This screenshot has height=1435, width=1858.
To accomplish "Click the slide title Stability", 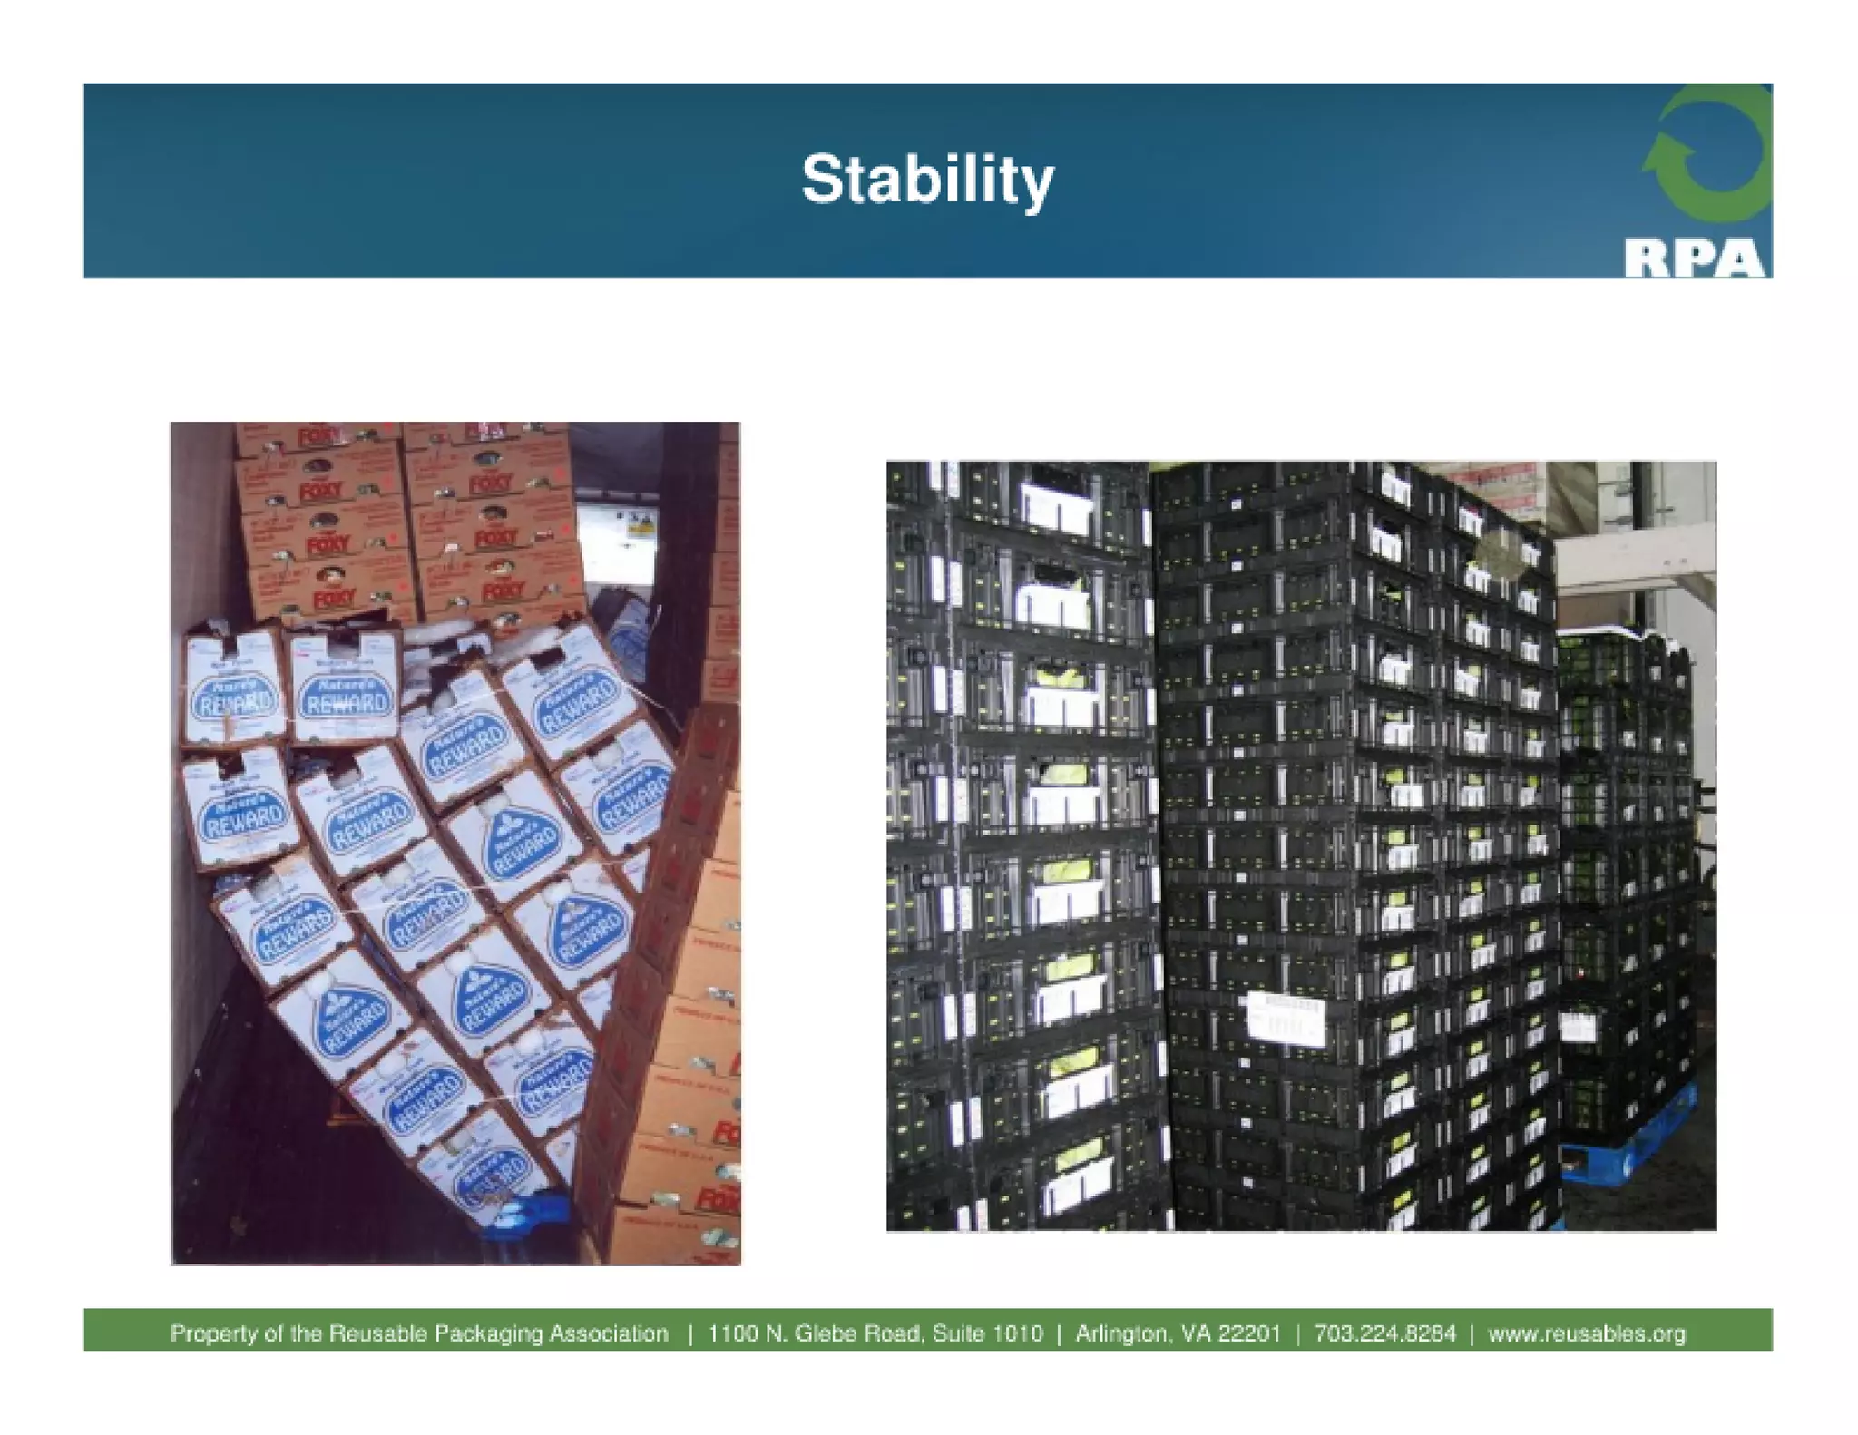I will pyautogui.click(x=927, y=180).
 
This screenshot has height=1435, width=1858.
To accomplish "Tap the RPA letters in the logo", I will pyautogui.click(x=1694, y=258).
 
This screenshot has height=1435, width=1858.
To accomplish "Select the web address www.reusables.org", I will pyautogui.click(x=1587, y=1333).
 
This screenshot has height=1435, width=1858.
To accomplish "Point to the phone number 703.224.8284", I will pyautogui.click(x=1384, y=1333).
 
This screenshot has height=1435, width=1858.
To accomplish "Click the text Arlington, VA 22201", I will pyautogui.click(x=1178, y=1333).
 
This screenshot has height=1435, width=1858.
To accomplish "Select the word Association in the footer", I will pyautogui.click(x=609, y=1333).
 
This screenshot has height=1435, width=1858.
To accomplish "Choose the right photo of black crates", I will pyautogui.click(x=1301, y=845).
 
